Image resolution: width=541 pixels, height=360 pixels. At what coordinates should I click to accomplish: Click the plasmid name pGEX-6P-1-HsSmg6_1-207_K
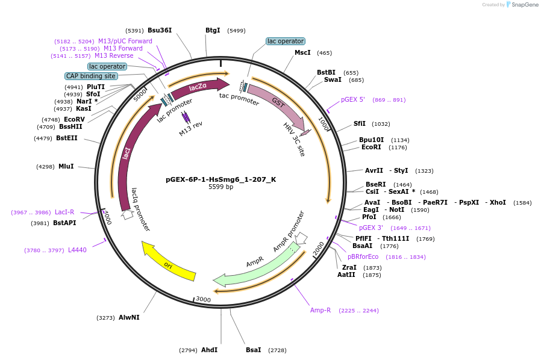pyautogui.click(x=220, y=179)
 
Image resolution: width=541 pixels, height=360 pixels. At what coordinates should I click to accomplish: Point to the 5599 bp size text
pyautogui.click(x=220, y=187)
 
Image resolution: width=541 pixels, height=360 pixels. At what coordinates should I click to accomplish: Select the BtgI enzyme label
pyautogui.click(x=213, y=30)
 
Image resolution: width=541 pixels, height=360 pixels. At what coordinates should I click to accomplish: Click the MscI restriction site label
pyautogui.click(x=302, y=53)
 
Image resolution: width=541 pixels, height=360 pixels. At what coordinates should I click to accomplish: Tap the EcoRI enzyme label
pyautogui.click(x=371, y=147)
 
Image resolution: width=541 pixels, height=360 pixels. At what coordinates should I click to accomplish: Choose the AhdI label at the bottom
pyautogui.click(x=209, y=350)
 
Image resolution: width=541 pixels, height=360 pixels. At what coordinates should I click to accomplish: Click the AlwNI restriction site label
pyautogui.click(x=129, y=317)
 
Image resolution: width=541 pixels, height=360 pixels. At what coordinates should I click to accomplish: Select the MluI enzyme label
pyautogui.click(x=66, y=166)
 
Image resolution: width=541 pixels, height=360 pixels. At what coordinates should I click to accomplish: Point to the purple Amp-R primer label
pyautogui.click(x=321, y=310)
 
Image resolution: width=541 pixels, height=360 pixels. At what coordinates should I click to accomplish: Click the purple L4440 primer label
pyautogui.click(x=77, y=250)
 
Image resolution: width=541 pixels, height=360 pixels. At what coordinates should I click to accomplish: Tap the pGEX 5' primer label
pyautogui.click(x=353, y=99)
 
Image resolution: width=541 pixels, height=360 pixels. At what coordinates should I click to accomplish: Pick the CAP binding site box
pyautogui.click(x=91, y=76)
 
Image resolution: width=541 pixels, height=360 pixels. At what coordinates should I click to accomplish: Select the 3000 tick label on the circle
pyautogui.click(x=203, y=299)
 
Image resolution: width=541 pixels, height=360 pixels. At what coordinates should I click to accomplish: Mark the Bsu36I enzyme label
pyautogui.click(x=160, y=30)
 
